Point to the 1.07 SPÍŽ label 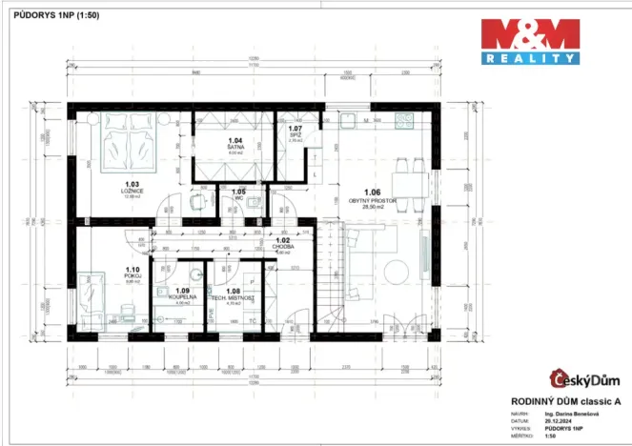pyautogui.click(x=295, y=133)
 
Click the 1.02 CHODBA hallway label pyautogui.click(x=282, y=243)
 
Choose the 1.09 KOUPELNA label pyautogui.click(x=183, y=294)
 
